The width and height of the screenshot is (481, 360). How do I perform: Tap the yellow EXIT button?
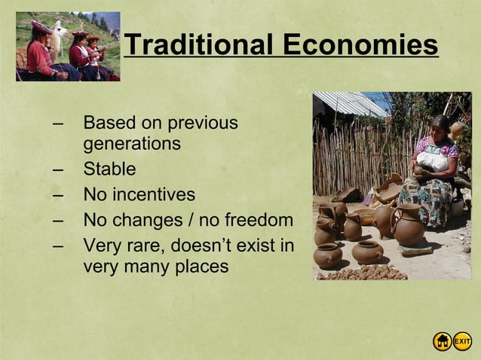462,341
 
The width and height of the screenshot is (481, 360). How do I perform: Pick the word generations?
132,143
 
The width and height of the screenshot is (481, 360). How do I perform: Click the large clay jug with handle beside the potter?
409,225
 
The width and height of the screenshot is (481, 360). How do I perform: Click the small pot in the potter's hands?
419,170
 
